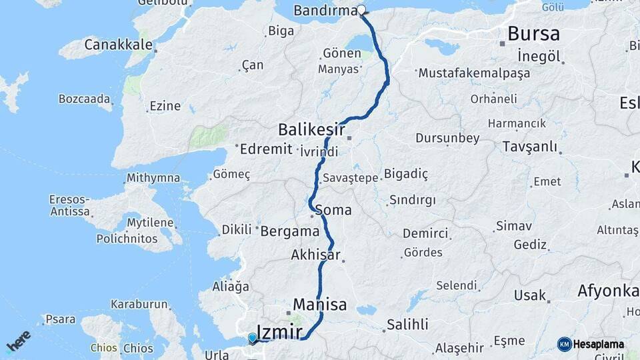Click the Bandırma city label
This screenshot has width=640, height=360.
[x=325, y=11]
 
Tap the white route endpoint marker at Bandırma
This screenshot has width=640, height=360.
[x=361, y=10]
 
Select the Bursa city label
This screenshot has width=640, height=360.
[x=533, y=33]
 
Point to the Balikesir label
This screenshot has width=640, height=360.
[x=311, y=128]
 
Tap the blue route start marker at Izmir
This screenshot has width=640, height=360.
[x=253, y=338]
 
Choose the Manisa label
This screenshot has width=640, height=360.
[x=320, y=305]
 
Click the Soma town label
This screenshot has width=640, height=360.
[x=333, y=210]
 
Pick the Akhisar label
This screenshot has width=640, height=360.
[x=316, y=255]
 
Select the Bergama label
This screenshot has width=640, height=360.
[x=290, y=231]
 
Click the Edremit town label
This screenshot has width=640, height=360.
[x=266, y=149]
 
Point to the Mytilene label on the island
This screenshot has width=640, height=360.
[x=150, y=223]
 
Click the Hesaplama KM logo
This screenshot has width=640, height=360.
[x=591, y=344]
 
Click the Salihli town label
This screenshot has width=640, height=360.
[x=407, y=325]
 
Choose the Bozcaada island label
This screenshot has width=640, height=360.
[x=84, y=99]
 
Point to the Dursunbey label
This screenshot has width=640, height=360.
[x=447, y=138]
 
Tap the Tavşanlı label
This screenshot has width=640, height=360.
[x=529, y=146]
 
